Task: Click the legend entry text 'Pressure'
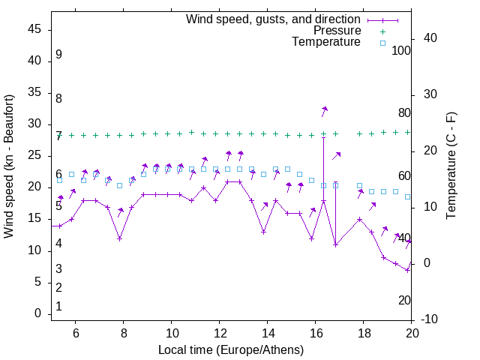click(x=337, y=31)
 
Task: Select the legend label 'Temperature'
click(x=326, y=42)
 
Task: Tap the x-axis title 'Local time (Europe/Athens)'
click(x=231, y=350)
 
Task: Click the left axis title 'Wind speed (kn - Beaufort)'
click(x=9, y=166)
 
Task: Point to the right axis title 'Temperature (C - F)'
click(x=451, y=166)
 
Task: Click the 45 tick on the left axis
click(x=35, y=29)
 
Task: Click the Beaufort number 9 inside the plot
click(x=58, y=55)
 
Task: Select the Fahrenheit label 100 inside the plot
click(x=401, y=50)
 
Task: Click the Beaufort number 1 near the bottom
click(x=58, y=307)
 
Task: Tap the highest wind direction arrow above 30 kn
click(x=325, y=111)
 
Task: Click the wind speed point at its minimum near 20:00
click(x=407, y=270)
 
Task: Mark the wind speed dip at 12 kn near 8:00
click(x=120, y=238)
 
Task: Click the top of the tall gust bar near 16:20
click(x=323, y=137)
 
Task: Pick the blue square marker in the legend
click(x=382, y=43)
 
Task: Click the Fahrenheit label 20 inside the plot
click(x=404, y=301)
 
